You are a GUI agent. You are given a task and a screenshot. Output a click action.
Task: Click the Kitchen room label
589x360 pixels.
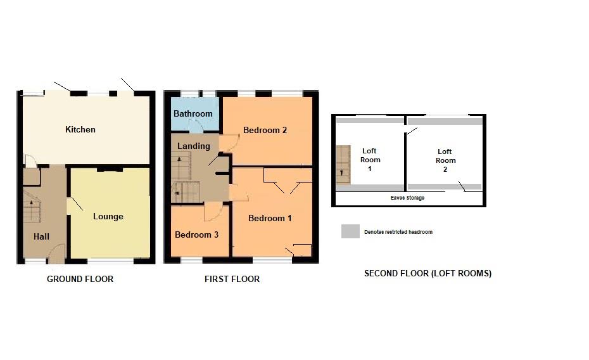[80, 129]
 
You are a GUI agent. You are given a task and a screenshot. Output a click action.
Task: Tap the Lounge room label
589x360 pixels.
[108, 216]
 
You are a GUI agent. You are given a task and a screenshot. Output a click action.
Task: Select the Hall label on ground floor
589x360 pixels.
[41, 236]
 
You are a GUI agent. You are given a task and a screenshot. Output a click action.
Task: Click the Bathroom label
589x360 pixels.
[193, 113]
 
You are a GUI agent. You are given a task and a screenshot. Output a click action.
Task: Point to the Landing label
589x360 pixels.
[193, 146]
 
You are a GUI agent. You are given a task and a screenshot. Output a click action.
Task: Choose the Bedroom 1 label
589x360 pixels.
[270, 218]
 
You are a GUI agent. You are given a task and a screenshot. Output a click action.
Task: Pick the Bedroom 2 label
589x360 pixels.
[265, 130]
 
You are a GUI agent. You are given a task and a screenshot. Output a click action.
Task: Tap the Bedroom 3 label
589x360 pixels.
[196, 235]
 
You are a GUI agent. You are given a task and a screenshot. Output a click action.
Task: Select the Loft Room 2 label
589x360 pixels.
[445, 156]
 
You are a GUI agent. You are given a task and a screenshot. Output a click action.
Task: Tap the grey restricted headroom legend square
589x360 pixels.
[350, 231]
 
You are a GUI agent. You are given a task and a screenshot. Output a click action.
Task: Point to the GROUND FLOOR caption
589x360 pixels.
[80, 279]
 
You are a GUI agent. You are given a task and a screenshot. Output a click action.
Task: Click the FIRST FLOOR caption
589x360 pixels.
[232, 279]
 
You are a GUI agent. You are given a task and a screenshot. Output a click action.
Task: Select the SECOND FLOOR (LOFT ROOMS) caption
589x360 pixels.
[427, 274]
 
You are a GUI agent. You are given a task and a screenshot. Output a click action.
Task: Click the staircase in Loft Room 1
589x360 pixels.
[343, 164]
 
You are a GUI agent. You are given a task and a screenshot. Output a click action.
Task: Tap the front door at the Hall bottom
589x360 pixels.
[57, 254]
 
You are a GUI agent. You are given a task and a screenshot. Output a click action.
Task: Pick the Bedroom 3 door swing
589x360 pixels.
[213, 214]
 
